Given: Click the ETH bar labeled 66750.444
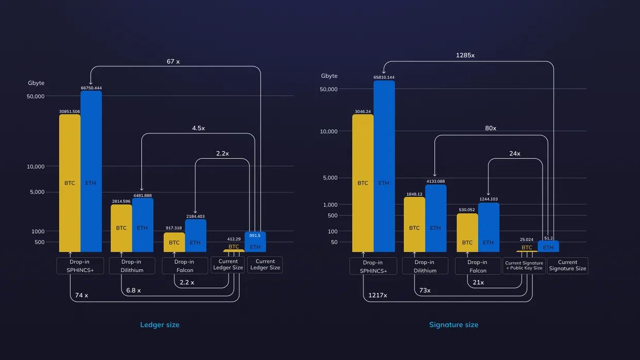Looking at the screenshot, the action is pyautogui.click(x=91, y=171).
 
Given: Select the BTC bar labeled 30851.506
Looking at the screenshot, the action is pyautogui.click(x=70, y=183).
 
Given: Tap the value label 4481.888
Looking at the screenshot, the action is pyautogui.click(x=142, y=195).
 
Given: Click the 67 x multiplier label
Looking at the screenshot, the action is pyautogui.click(x=173, y=61).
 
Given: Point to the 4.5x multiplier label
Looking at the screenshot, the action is pyautogui.click(x=198, y=128).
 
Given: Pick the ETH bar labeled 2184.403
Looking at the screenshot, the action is pyautogui.click(x=196, y=236).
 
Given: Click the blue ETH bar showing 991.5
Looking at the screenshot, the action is pyautogui.click(x=255, y=242).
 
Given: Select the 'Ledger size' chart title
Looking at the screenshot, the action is pyautogui.click(x=159, y=324).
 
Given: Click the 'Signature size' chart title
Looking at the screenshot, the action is pyautogui.click(x=454, y=324).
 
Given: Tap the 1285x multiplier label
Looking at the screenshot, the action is pyautogui.click(x=465, y=55).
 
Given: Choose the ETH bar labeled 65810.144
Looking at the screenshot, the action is pyautogui.click(x=385, y=166).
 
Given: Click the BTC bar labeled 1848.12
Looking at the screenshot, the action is pyautogui.click(x=414, y=224).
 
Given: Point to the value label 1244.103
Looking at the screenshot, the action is pyautogui.click(x=489, y=199).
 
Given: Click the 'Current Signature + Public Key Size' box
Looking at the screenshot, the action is pyautogui.click(x=524, y=266).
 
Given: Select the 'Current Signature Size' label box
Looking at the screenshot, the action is pyautogui.click(x=567, y=266).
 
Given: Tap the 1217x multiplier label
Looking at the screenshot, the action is pyautogui.click(x=377, y=295).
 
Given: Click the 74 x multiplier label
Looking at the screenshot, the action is pyautogui.click(x=82, y=295).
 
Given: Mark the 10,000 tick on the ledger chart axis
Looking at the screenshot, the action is pyautogui.click(x=36, y=167).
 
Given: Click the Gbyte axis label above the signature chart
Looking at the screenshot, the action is pyautogui.click(x=329, y=76).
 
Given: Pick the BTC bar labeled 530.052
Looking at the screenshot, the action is pyautogui.click(x=467, y=233).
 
